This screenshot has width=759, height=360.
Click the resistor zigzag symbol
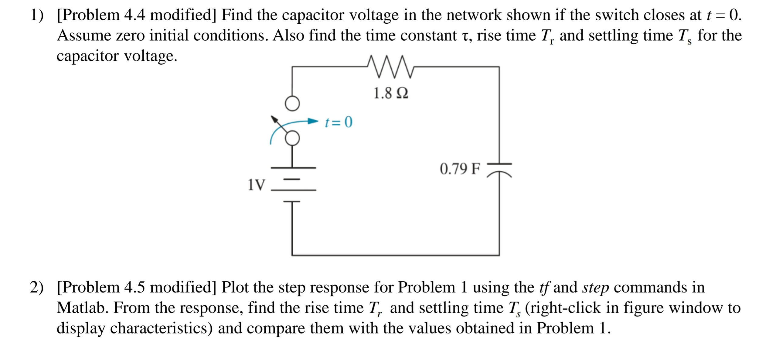(x=390, y=67)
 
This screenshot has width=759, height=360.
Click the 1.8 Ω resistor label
(x=390, y=93)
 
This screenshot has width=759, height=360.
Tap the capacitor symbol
(x=499, y=170)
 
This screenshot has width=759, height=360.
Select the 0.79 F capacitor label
(x=460, y=169)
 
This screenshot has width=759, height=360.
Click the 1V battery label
(x=256, y=185)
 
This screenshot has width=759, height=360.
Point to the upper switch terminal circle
(x=292, y=104)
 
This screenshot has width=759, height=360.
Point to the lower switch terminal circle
(x=292, y=139)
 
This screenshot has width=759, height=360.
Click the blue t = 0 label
(x=339, y=122)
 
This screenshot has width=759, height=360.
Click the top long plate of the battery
(x=293, y=168)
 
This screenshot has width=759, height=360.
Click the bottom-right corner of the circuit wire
(x=499, y=255)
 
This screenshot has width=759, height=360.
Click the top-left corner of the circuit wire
(x=292, y=67)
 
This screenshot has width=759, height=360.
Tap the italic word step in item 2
(x=595, y=287)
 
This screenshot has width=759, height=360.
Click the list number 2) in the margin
(x=36, y=287)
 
